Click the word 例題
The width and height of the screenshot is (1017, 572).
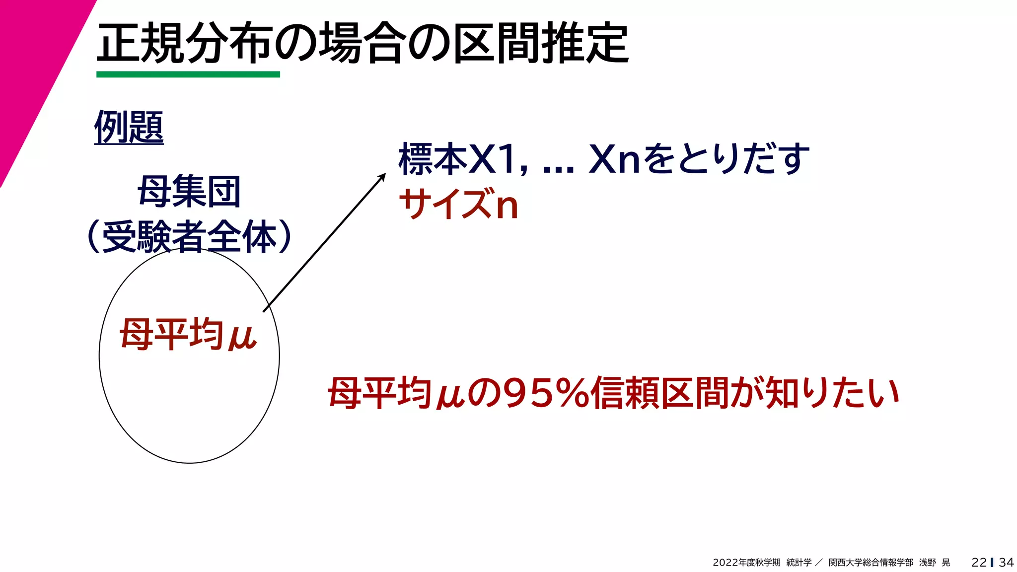click(129, 127)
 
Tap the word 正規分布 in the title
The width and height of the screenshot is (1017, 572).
click(184, 44)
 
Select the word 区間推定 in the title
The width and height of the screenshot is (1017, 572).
click(541, 44)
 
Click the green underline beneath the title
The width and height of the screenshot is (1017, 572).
click(188, 74)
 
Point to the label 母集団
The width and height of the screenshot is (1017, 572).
click(189, 192)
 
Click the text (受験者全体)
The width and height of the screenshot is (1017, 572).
click(189, 236)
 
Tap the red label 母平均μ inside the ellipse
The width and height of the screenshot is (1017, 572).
click(188, 335)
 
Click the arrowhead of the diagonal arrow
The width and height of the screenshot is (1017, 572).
click(382, 176)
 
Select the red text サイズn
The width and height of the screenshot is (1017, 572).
click(459, 204)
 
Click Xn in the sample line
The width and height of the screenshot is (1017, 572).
click(614, 159)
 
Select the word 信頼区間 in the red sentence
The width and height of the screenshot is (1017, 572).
click(660, 393)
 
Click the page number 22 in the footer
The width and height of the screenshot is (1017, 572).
click(979, 562)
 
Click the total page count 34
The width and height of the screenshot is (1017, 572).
click(1006, 562)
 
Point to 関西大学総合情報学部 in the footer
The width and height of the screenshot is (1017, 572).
click(871, 562)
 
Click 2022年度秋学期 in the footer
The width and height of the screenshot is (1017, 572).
click(746, 562)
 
